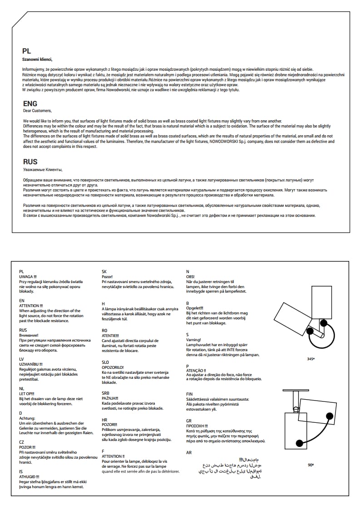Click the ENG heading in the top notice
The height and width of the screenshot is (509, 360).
point(30,104)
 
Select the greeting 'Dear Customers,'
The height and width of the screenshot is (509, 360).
point(37,111)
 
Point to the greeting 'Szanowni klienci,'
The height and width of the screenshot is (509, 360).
point(37,59)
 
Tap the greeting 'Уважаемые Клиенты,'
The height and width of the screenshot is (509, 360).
point(42,169)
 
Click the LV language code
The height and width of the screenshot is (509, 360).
point(22,359)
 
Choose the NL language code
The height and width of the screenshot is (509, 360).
point(22,389)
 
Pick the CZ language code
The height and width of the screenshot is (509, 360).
point(22,442)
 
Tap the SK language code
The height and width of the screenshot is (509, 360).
point(104,271)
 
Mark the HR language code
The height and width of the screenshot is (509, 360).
point(104,420)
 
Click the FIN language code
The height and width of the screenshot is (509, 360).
point(190,394)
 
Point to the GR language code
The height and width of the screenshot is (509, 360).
point(189,421)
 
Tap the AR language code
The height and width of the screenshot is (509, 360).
point(189,453)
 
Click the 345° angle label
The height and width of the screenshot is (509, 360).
point(311,359)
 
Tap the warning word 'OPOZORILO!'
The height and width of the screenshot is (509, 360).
point(113,367)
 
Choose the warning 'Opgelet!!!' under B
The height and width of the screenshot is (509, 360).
point(195,308)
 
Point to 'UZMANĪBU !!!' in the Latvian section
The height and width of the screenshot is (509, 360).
point(31,364)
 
